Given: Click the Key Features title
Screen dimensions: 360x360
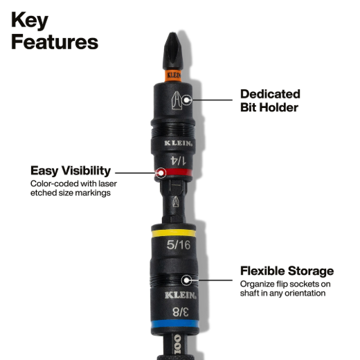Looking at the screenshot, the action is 55,30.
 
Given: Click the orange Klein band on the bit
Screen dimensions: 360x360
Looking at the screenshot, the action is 173,75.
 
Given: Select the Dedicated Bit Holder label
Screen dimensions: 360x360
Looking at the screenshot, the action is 270,100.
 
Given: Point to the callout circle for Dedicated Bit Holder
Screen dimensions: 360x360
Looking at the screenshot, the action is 186,100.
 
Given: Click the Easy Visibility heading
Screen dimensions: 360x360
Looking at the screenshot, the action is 71,171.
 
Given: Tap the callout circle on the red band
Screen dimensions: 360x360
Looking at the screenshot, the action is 161,173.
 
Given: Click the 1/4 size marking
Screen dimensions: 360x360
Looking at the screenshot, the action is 178,161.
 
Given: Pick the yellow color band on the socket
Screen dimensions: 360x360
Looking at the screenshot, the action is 174,233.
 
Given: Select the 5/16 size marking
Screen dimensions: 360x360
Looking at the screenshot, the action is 179,245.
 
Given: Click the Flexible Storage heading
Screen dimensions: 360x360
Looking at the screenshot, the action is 287,271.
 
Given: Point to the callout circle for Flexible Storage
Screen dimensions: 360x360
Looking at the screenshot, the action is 186,280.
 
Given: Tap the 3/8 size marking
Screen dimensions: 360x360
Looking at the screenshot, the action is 181,312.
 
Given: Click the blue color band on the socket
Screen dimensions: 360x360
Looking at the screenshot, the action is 174,323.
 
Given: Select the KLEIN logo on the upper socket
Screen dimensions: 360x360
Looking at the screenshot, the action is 179,143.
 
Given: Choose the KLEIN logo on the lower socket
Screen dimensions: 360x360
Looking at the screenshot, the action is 181,296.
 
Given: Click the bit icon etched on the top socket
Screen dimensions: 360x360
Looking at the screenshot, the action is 177,100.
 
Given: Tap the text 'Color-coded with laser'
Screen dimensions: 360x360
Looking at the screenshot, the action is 73,183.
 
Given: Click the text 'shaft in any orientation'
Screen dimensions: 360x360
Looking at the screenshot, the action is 282,294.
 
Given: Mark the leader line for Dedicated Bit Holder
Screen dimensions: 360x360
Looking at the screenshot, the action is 212,100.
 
